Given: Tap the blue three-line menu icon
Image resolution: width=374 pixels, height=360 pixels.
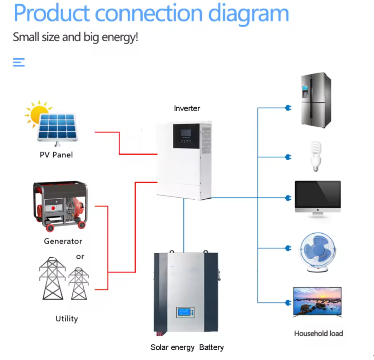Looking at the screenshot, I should point(19,62).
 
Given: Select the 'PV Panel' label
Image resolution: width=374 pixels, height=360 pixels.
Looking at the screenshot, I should point(56,155).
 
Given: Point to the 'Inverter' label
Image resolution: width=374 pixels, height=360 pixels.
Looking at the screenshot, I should point(187,108).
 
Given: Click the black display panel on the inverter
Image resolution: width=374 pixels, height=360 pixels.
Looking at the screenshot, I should point(186,136).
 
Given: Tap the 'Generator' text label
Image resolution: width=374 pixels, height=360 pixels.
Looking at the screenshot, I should point(63,241).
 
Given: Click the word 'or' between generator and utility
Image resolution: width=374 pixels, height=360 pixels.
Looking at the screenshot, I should point(80,256).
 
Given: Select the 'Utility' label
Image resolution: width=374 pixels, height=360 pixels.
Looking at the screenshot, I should point(67,318).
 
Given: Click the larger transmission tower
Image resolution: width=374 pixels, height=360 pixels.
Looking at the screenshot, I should point(53,278).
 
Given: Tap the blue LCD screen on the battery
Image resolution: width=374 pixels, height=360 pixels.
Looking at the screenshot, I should point(186,312).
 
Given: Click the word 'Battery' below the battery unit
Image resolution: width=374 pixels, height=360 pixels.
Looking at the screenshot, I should point(211,347).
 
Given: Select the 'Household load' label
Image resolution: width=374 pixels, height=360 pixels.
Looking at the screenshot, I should point(318,334).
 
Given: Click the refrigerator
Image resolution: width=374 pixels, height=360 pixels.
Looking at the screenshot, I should point(314,100).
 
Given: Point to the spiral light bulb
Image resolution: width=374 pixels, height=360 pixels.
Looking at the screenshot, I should point(315,156).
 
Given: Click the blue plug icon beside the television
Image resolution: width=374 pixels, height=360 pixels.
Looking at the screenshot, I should point(288,303).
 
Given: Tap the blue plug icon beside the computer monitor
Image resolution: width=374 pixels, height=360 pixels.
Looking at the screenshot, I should point(288,198).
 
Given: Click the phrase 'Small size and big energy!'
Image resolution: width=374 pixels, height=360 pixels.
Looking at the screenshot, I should point(75,37).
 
